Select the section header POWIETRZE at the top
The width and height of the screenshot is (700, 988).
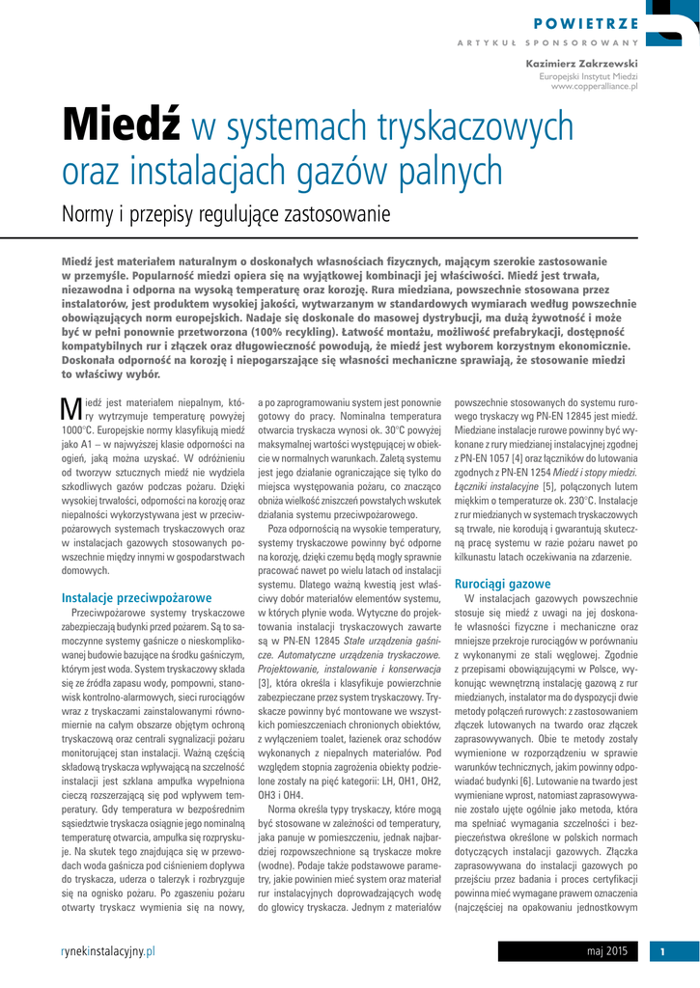coord(586,24)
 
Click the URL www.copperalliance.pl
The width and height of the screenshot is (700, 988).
coord(594,87)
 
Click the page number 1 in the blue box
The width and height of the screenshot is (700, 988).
coord(663,952)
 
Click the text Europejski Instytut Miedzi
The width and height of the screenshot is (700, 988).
coord(589,75)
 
